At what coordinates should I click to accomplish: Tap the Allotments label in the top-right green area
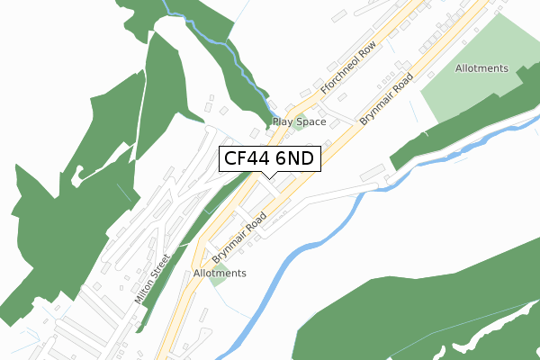pyautogui.click(x=481, y=68)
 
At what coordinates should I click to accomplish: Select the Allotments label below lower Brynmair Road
pyautogui.click(x=220, y=273)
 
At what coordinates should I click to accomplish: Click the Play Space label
pyautogui.click(x=300, y=121)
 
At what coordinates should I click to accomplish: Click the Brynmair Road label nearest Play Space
pyautogui.click(x=385, y=99)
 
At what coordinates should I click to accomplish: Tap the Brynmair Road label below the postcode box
pyautogui.click(x=239, y=237)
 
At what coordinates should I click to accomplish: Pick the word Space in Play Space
pyautogui.click(x=310, y=121)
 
